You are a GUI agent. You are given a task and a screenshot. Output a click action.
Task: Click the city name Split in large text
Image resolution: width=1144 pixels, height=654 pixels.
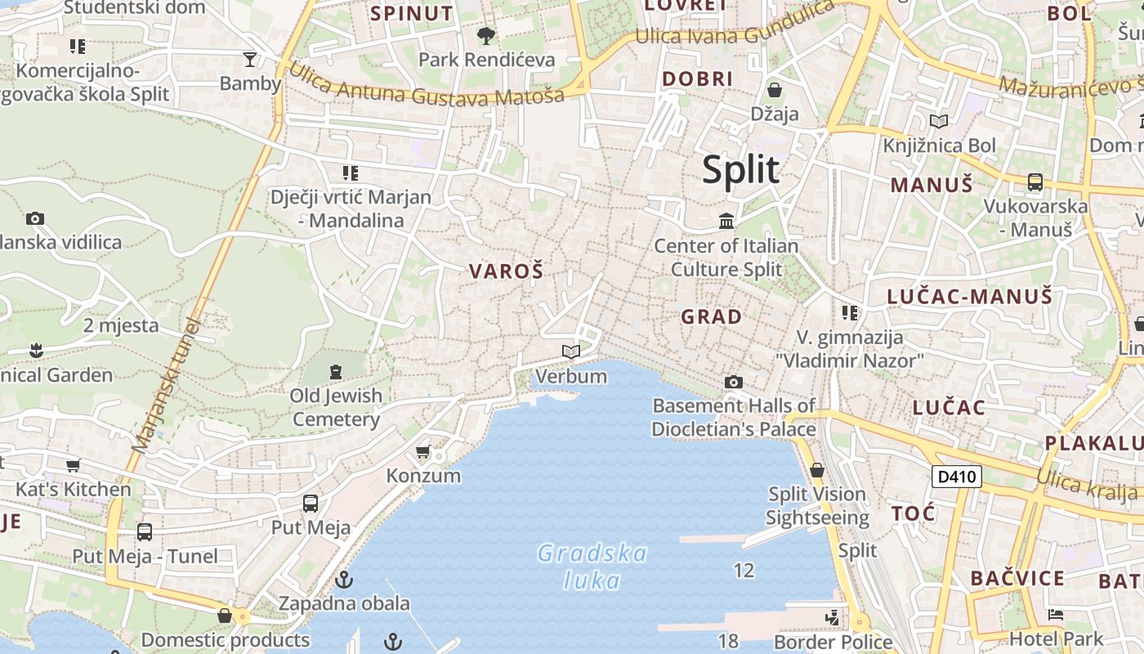(740, 169)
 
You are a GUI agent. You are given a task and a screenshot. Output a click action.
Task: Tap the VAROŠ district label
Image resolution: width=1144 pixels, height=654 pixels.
(506, 271)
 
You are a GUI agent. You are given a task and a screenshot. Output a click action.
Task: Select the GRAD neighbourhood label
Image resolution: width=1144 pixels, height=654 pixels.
(712, 316)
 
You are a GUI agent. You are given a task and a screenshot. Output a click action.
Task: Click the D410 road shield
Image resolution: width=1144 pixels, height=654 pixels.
(956, 477)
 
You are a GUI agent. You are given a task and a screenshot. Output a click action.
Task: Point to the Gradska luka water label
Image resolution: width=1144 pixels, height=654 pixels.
(592, 567)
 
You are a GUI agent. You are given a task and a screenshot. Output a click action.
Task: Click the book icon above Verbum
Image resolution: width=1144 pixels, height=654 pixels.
(571, 352)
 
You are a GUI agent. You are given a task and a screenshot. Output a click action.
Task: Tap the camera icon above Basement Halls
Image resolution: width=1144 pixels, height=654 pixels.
(734, 382)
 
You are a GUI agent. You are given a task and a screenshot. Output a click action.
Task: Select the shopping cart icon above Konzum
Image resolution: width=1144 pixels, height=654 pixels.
(422, 452)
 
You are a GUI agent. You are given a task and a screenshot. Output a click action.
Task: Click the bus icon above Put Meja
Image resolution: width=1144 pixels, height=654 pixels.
(311, 504)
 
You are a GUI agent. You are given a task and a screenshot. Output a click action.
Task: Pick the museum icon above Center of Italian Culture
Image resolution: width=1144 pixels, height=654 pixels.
(726, 221)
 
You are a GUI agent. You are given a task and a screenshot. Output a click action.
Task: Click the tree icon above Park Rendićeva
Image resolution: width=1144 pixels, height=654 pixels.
(486, 36)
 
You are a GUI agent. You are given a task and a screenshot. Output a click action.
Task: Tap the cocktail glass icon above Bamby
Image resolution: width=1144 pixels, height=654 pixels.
(250, 59)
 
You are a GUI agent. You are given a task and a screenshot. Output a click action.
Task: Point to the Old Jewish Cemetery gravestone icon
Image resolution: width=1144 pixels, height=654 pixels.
(335, 372)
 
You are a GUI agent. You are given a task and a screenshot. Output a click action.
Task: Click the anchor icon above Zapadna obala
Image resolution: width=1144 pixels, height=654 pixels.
(344, 580)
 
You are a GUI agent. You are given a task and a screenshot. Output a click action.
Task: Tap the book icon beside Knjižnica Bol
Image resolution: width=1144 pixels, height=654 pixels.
(939, 122)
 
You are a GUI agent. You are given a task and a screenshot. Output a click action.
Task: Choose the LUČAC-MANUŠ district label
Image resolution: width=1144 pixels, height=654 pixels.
(970, 296)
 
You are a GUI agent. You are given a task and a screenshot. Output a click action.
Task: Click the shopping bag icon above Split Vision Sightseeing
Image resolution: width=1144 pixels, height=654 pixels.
(816, 470)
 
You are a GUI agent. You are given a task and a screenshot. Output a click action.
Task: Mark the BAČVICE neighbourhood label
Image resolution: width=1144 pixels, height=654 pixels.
(1017, 579)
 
